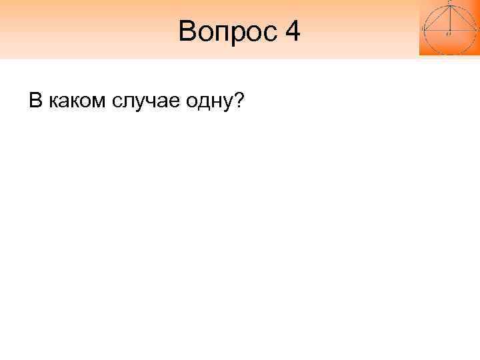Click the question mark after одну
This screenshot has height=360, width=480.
point(238,101)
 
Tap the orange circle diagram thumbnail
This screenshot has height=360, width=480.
point(449,27)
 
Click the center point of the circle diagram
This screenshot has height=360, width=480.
point(449,31)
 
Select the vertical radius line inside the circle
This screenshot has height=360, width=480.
point(449,19)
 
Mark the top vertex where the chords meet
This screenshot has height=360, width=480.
point(449,6)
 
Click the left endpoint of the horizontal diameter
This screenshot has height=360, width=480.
point(425,31)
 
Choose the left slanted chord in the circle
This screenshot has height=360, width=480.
point(437,18)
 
